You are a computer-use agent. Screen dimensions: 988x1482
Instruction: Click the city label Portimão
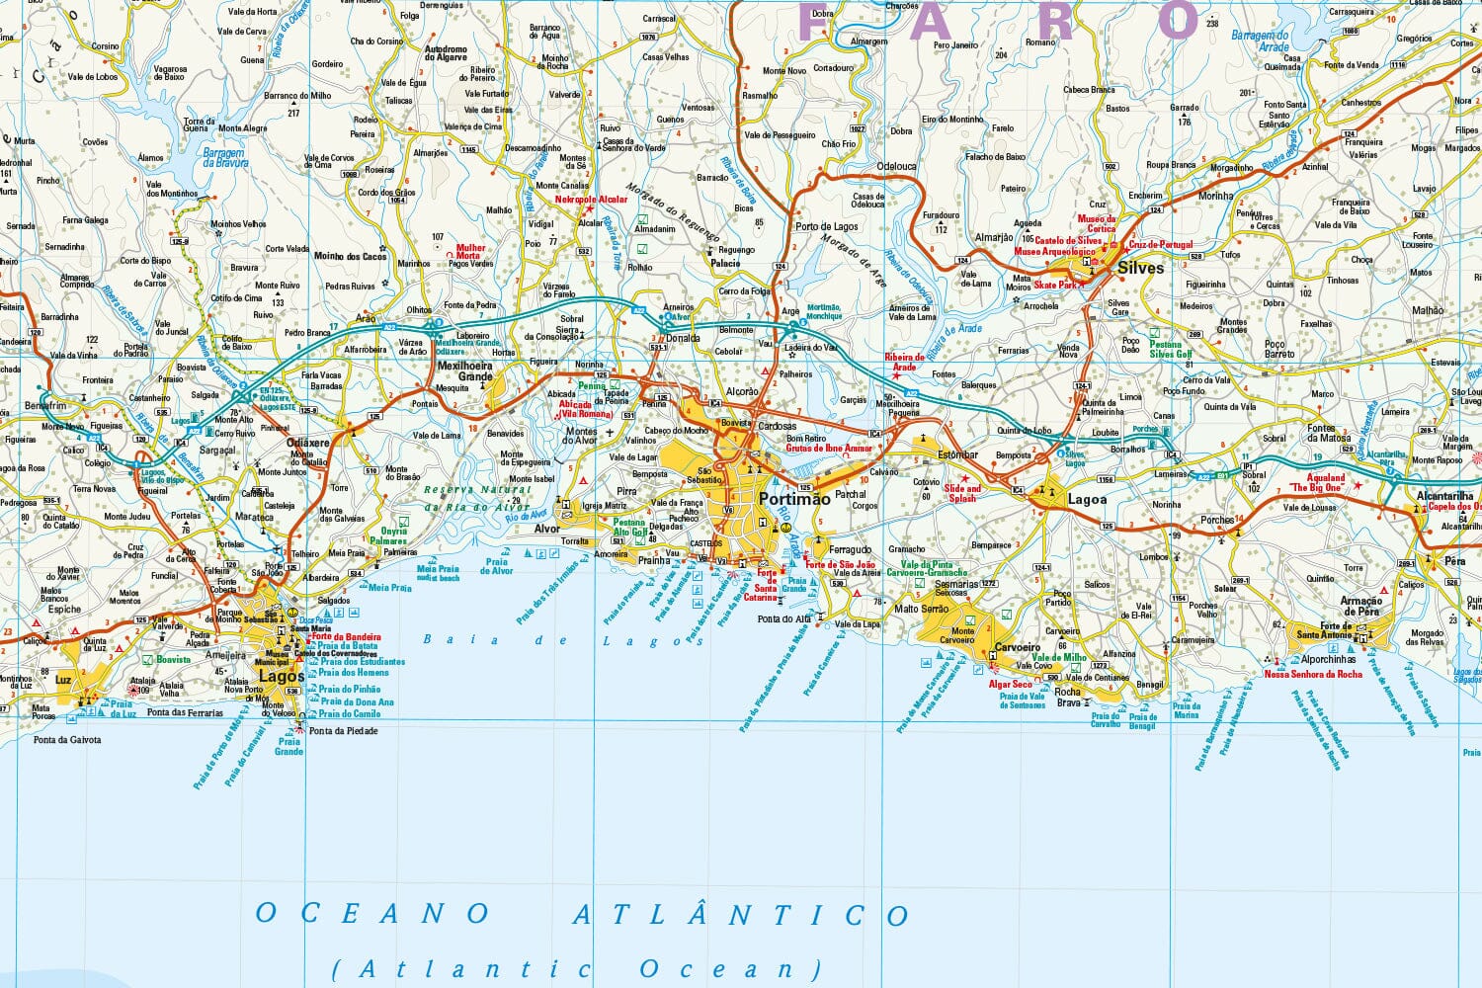point(794,499)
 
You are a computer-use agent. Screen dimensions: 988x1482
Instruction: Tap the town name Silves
point(1140,268)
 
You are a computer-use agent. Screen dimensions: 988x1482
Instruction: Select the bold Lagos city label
point(281,677)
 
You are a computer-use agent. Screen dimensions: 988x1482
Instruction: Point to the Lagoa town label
point(1087,499)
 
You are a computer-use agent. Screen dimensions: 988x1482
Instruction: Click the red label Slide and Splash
point(962,493)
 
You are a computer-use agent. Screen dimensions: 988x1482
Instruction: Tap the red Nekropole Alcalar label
point(591,200)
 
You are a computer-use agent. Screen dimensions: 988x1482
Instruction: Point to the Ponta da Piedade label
point(343,731)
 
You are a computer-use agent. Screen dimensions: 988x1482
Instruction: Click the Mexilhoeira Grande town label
point(465,370)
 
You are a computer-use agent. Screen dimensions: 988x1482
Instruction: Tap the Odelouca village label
point(896,167)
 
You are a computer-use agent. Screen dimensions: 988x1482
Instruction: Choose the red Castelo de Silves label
point(1068,240)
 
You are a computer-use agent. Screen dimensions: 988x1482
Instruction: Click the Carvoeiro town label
point(1017,647)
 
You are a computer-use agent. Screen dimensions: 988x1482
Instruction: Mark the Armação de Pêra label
point(1360,606)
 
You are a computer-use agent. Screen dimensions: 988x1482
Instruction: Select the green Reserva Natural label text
point(477,490)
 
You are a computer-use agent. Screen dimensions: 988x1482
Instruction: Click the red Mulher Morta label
point(470,252)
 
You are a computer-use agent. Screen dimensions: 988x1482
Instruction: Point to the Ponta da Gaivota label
point(67,739)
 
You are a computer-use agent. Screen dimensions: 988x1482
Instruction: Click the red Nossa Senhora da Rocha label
point(1313,674)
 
